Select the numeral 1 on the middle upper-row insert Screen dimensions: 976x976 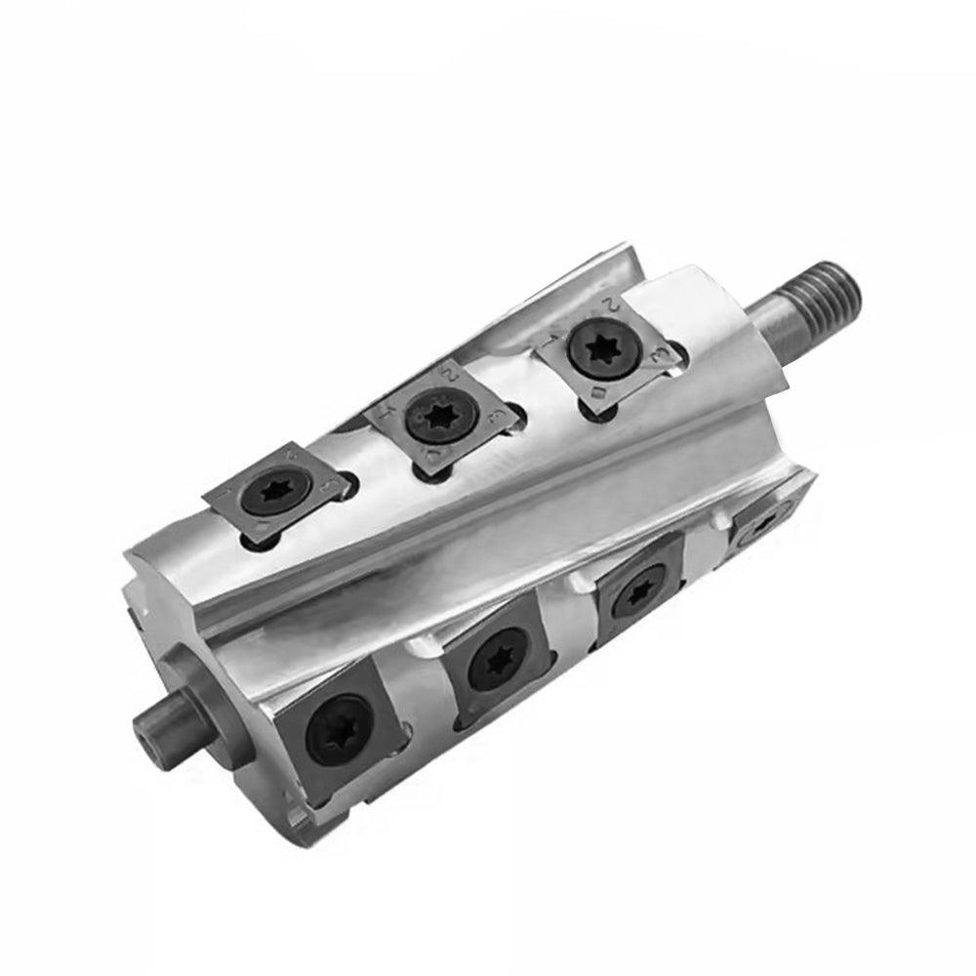[x=386, y=412]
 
